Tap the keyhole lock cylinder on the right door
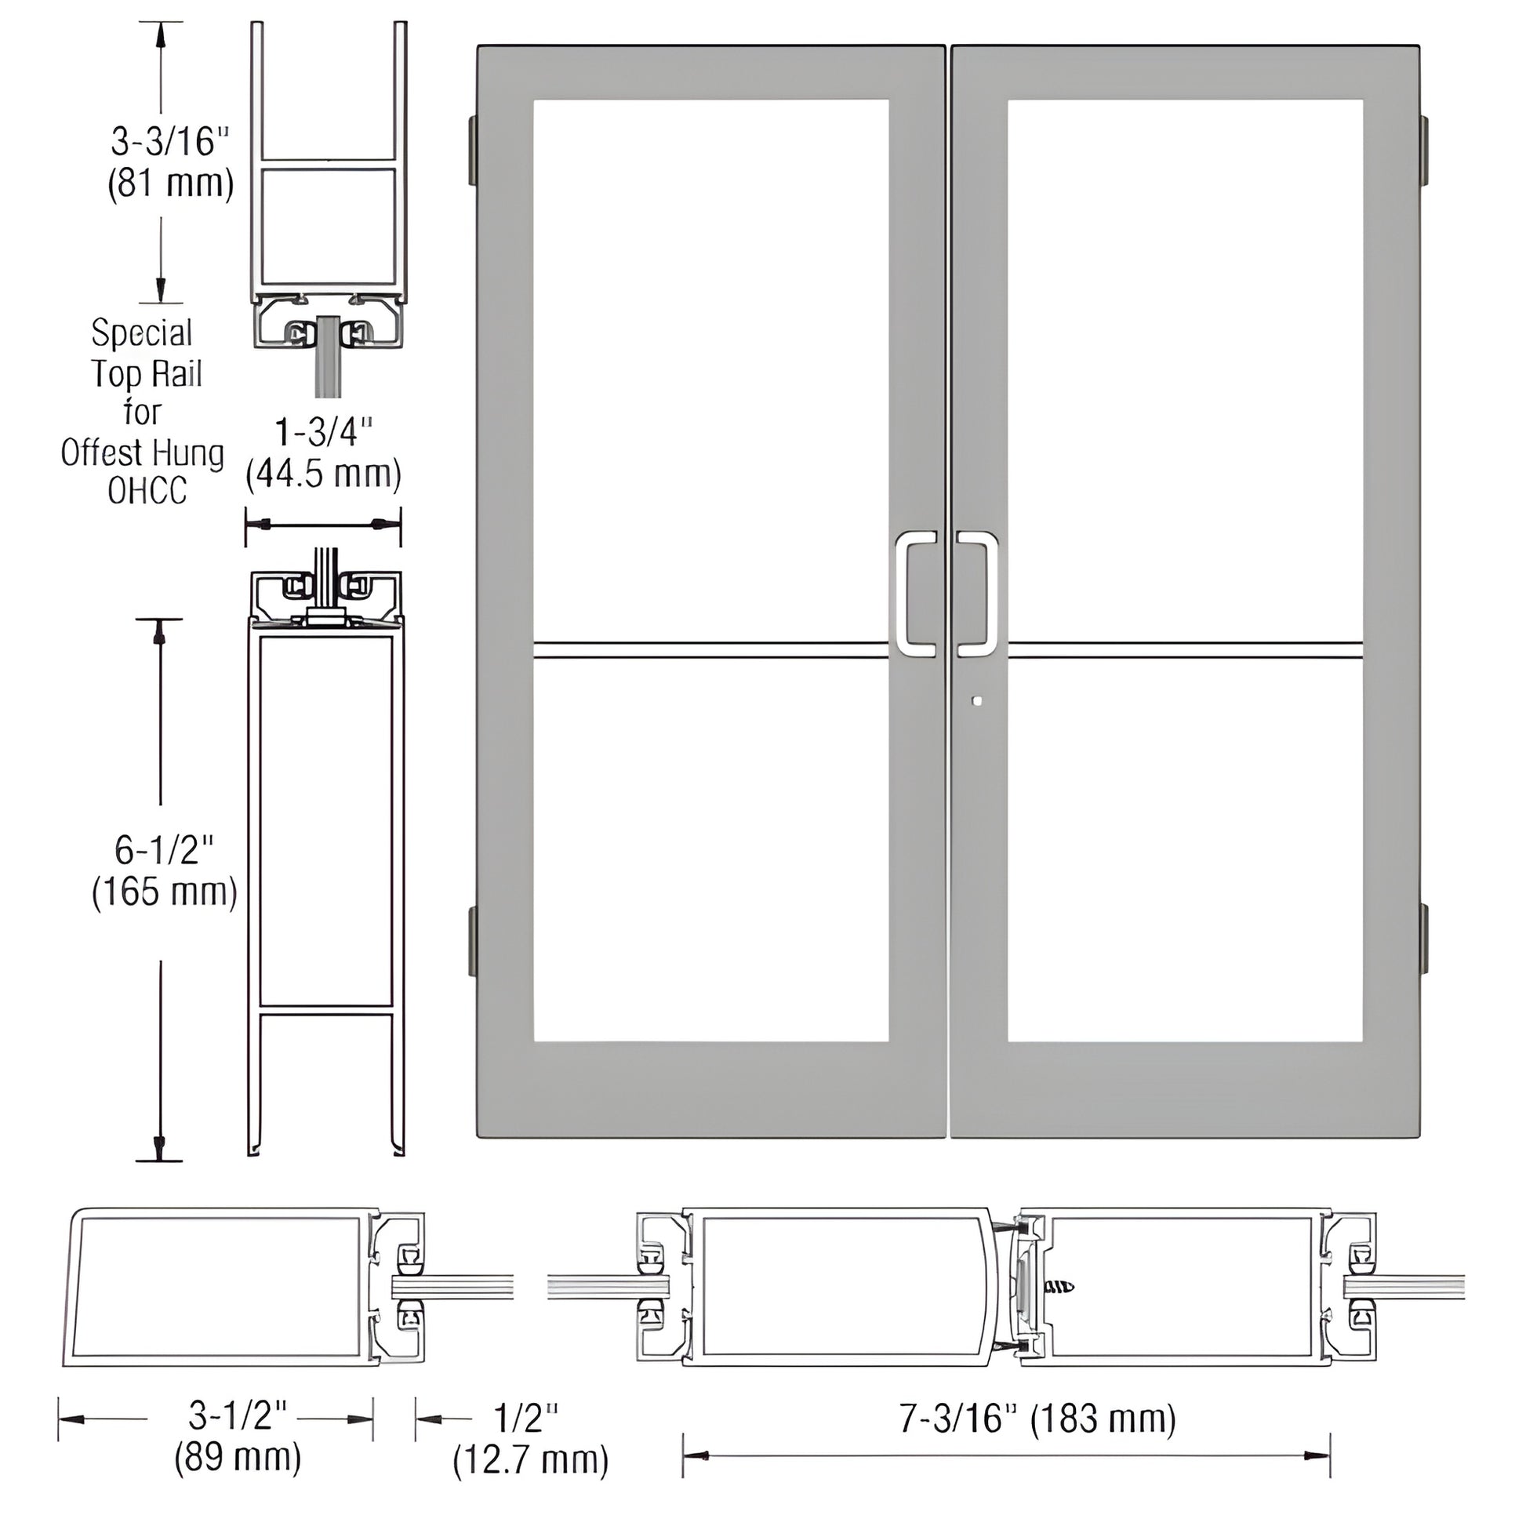coord(979,700)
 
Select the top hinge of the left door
coord(471,151)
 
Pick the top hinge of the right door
coord(1425,151)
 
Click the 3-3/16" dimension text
coord(170,142)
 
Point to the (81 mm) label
coord(171,183)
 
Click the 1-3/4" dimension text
coord(323,433)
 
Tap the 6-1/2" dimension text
coord(165,850)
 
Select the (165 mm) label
coord(165,892)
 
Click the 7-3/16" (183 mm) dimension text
coord(1038,1419)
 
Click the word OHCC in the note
coord(147,492)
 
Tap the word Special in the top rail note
coord(142,332)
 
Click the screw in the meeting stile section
coord(1059,1288)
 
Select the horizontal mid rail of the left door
coord(711,650)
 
